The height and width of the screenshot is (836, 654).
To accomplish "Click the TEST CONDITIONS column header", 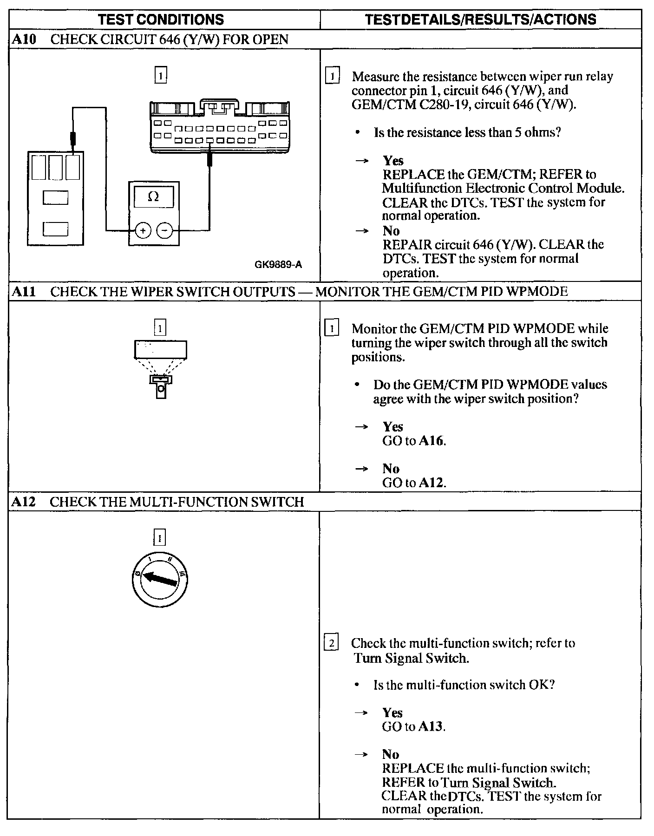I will (161, 20).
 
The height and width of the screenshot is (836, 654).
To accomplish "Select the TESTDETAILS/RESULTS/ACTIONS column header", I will (480, 20).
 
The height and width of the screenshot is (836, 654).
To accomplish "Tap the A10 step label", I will (24, 39).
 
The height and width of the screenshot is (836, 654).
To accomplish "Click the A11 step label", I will (23, 292).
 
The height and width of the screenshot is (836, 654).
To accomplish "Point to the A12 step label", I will (24, 502).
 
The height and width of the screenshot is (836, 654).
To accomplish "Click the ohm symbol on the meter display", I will (153, 197).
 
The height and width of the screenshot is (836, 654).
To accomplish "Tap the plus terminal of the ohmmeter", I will (143, 230).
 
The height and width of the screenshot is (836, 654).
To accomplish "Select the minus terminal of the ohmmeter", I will (164, 230).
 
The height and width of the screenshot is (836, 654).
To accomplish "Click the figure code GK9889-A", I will (278, 265).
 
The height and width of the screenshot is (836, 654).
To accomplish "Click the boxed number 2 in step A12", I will (331, 644).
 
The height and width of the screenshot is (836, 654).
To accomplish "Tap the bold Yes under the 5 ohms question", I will (393, 161).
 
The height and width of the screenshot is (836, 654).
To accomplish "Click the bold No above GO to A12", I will (391, 469).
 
